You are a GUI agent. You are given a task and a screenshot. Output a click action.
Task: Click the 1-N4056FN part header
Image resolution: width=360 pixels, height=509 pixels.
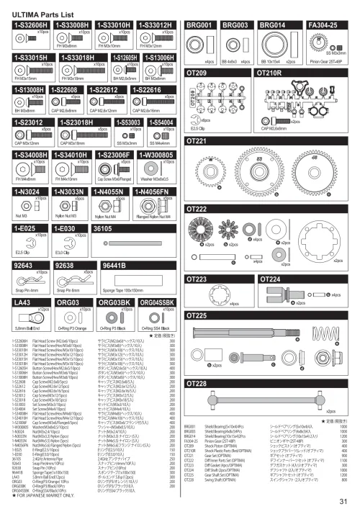click(153, 192)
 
